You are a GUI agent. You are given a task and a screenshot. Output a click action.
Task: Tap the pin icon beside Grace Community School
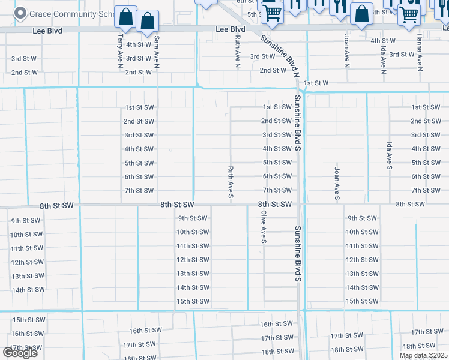coord(20,13)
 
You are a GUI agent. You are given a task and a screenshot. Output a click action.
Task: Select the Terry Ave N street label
coord(121,49)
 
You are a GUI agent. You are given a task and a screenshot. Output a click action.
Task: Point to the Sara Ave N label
coord(157,50)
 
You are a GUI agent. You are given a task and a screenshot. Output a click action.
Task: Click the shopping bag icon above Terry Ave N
coord(125,17)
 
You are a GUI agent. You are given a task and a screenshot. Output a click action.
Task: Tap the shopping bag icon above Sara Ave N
coord(147,22)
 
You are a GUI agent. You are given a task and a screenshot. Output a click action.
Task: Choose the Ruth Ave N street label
coord(238,50)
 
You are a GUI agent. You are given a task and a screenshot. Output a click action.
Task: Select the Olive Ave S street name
coord(263,226)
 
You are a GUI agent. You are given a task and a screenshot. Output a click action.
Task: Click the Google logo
coord(20,353)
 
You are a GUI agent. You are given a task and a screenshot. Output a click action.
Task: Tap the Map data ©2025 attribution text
coord(423,355)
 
